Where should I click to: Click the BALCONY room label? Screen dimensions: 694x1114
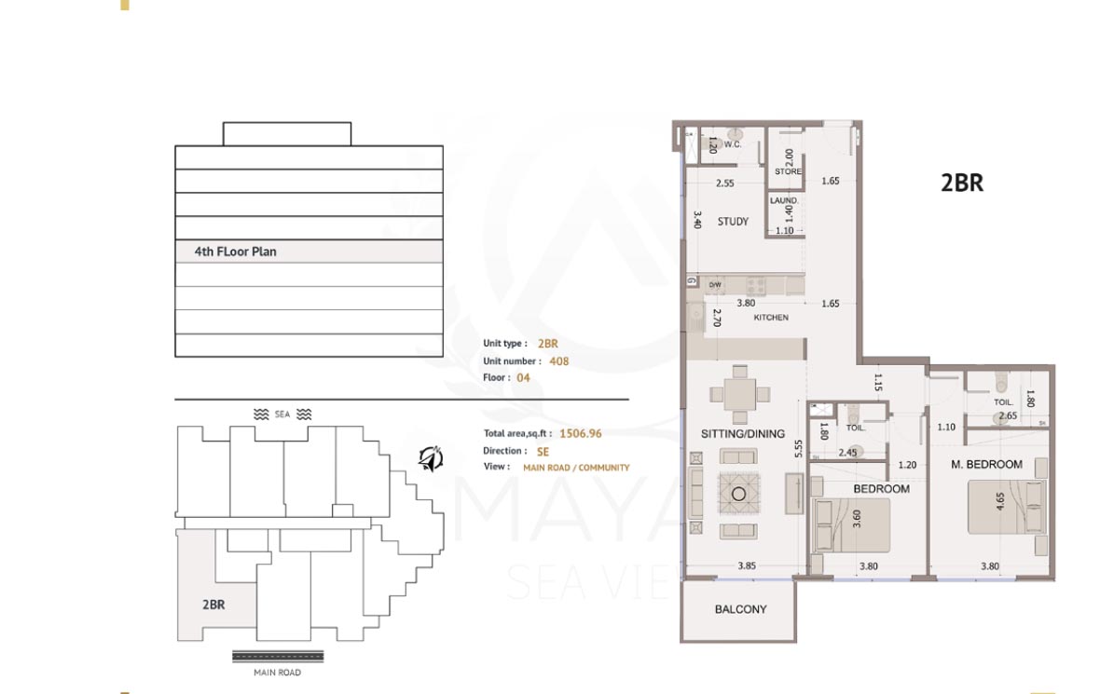click(740, 609)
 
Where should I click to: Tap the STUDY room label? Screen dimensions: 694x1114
click(733, 222)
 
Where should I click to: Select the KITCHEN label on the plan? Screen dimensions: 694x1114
click(771, 318)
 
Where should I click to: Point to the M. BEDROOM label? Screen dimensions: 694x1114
click(986, 464)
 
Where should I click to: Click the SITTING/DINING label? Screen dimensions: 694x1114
click(743, 434)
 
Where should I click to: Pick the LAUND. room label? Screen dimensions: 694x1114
click(783, 200)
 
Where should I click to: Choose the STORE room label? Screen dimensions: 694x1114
click(788, 172)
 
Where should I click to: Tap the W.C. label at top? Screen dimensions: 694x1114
click(733, 144)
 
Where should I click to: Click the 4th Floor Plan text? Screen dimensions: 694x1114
click(235, 252)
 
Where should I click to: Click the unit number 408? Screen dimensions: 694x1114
click(558, 361)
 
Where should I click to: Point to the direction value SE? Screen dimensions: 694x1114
click(543, 451)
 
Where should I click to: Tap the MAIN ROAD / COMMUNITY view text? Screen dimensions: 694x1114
click(575, 468)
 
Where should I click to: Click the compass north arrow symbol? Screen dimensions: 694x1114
click(430, 457)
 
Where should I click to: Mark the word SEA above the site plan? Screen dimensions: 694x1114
click(282, 414)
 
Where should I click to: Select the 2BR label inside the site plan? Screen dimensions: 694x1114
click(213, 605)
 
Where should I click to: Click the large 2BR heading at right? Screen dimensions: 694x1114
click(962, 183)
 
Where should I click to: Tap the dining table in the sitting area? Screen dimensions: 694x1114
click(740, 392)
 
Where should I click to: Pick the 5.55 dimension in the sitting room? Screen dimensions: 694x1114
click(799, 449)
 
